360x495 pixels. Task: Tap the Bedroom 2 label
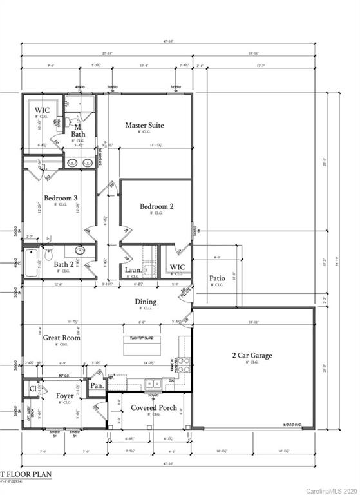pyautogui.click(x=156, y=206)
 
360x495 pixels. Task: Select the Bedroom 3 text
pyautogui.click(x=61, y=198)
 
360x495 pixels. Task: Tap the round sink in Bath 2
pyautogui.click(x=81, y=251)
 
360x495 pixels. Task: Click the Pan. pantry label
pyautogui.click(x=97, y=385)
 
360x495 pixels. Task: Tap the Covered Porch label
pyautogui.click(x=154, y=407)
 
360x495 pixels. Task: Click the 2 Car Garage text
pyautogui.click(x=252, y=355)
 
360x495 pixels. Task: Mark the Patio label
pyautogui.click(x=217, y=279)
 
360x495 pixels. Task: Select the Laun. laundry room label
pyautogui.click(x=133, y=270)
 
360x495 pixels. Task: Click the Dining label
pyautogui.click(x=145, y=301)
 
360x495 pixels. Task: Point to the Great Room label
pyautogui.click(x=61, y=337)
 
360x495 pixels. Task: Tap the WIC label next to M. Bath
pyautogui.click(x=42, y=110)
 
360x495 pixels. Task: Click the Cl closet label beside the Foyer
pyautogui.click(x=33, y=389)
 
